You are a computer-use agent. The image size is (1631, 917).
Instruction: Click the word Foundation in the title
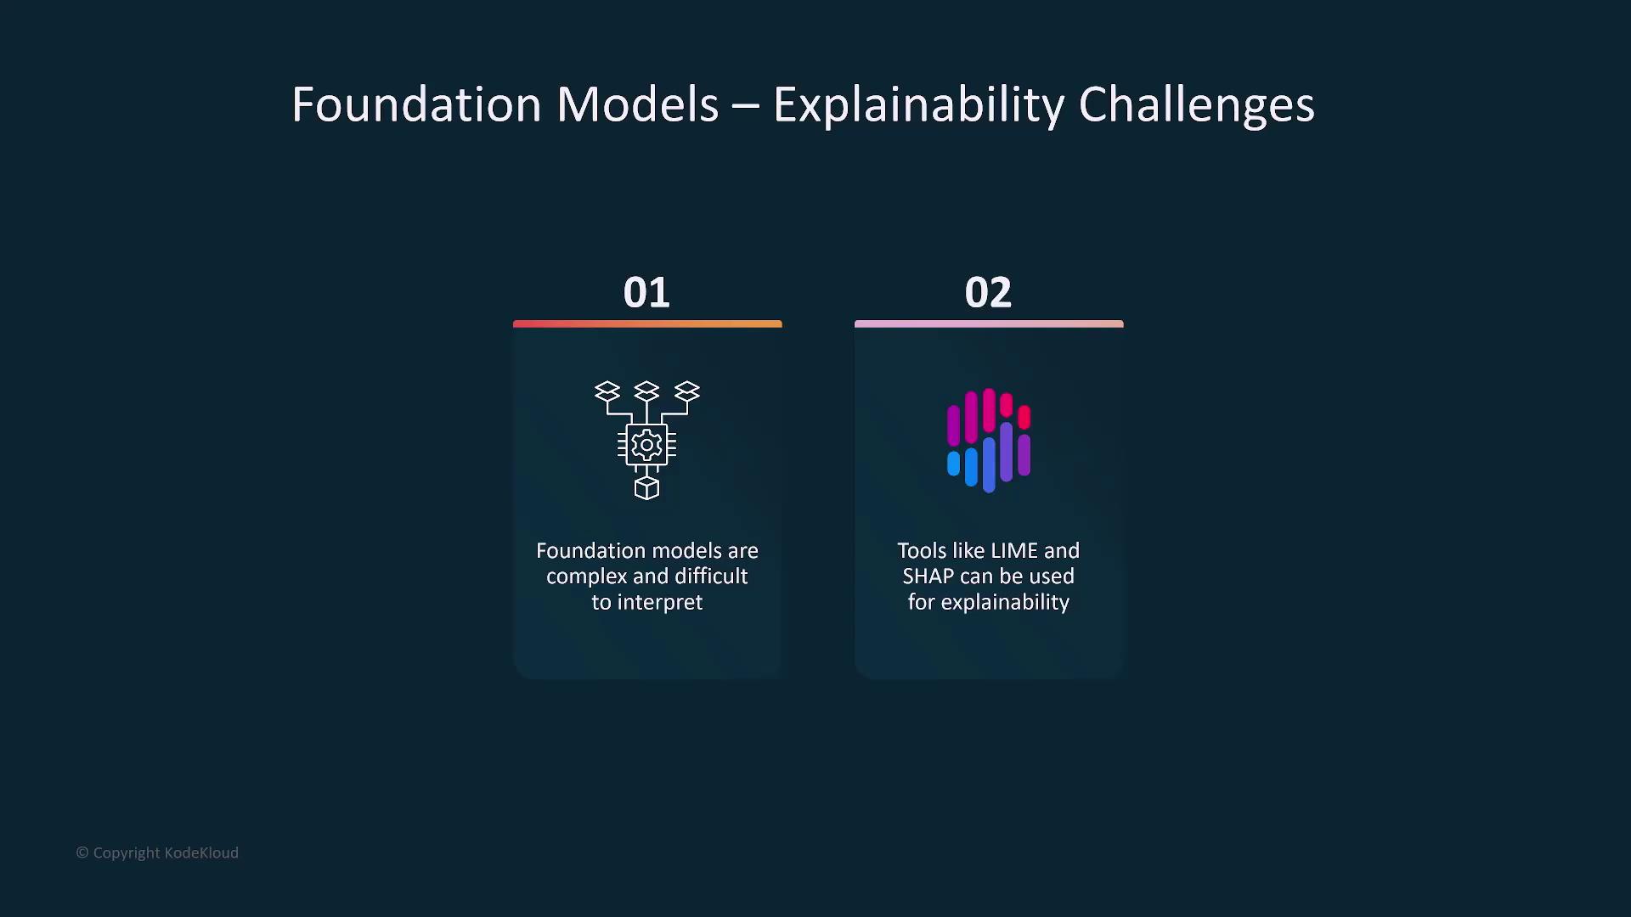click(416, 104)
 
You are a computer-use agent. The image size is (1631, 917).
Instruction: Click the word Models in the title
click(637, 104)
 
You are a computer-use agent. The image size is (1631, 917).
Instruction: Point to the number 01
click(646, 293)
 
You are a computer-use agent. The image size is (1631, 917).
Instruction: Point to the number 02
click(988, 293)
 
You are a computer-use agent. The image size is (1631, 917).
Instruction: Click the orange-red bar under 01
click(647, 323)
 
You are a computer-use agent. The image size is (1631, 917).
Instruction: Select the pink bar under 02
click(989, 323)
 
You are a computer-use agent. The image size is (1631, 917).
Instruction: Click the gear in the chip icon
click(646, 444)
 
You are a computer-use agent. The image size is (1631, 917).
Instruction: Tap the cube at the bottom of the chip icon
click(646, 488)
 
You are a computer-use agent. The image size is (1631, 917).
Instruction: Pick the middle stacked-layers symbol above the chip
click(646, 391)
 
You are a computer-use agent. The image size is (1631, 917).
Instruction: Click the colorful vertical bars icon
click(989, 441)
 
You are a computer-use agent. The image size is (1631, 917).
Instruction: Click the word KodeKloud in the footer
click(201, 852)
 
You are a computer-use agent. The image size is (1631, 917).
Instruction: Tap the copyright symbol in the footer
click(82, 852)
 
